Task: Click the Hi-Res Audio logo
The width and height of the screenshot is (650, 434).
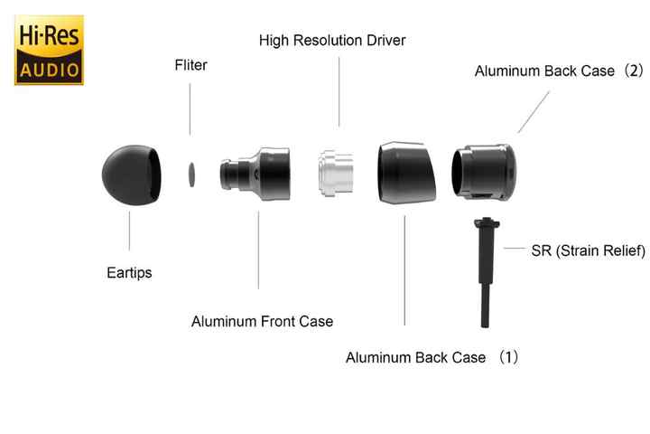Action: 49,50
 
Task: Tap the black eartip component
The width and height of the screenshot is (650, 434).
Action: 132,175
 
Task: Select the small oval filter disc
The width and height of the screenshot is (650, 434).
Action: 191,175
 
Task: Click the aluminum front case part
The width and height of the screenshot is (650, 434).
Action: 255,174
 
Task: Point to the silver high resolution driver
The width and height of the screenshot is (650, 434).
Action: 336,174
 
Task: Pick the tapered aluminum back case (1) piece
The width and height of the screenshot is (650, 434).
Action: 406,173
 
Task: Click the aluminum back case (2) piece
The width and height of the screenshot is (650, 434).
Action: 484,173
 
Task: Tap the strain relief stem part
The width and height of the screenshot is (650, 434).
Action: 487,272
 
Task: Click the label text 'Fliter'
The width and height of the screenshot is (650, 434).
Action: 190,65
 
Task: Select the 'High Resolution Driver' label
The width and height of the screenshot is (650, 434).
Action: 332,41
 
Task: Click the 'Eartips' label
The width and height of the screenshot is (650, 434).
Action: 129,273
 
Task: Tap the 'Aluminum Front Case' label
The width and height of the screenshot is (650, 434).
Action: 262,321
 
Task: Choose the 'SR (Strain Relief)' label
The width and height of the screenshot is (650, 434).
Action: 589,250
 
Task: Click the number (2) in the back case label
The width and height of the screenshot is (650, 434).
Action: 634,71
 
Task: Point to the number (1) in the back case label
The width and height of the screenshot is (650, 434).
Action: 508,357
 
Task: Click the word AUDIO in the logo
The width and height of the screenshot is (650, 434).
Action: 50,70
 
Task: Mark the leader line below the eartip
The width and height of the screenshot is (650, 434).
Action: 129,231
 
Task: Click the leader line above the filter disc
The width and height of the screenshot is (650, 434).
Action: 190,109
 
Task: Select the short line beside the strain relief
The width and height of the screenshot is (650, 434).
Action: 515,249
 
